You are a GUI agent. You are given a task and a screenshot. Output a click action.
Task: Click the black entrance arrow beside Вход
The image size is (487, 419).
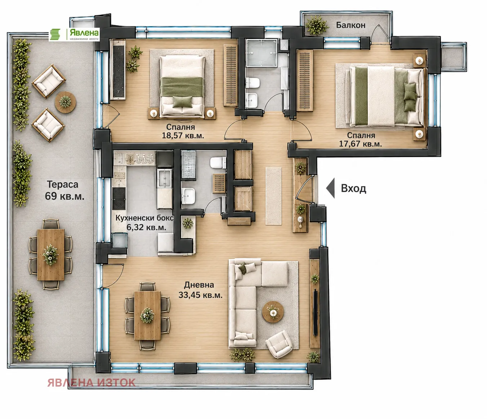[331, 188]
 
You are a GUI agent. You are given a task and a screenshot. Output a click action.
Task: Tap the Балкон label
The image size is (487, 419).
[350, 25]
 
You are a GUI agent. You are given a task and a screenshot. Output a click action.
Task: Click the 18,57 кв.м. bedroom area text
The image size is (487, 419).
[183, 135]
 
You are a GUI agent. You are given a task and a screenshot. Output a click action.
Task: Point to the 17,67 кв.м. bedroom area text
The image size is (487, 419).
[360, 144]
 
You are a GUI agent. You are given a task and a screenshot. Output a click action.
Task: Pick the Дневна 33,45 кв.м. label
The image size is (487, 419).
[200, 290]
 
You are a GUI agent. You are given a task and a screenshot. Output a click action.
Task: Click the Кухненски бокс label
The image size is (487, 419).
[144, 218]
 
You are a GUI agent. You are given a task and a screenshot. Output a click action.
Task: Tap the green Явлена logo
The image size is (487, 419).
[74, 34]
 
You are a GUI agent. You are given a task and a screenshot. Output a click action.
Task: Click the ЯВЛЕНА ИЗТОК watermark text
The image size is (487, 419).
[91, 383]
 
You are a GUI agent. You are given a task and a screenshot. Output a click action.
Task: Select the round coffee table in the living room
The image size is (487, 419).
[273, 312]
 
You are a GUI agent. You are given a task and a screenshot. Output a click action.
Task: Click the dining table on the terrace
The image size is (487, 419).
[51, 254]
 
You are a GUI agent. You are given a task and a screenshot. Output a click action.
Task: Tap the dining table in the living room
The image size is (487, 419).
[147, 316]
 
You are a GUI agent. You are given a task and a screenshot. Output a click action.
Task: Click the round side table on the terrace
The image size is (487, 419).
[65, 102]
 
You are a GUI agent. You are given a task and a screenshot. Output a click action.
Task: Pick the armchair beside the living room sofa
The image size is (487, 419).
[280, 344]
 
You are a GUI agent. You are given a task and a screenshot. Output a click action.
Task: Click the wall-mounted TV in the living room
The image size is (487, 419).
[315, 313]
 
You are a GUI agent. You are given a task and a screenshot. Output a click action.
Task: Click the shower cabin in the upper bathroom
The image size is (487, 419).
[262, 53]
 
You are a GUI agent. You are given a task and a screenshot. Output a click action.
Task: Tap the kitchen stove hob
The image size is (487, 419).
[119, 199]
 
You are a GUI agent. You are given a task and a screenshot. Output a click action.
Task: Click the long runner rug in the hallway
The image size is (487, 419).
[273, 196]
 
